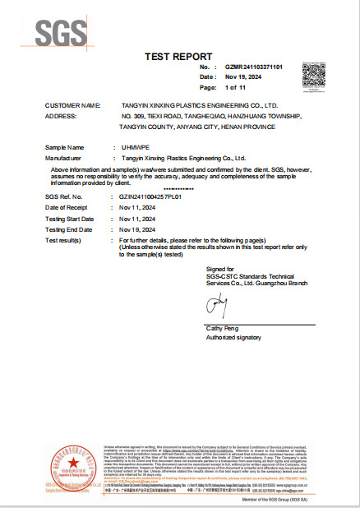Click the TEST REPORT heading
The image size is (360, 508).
click(x=179, y=56)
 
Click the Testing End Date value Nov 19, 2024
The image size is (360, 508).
click(x=138, y=229)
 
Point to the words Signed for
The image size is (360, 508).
click(x=219, y=269)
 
